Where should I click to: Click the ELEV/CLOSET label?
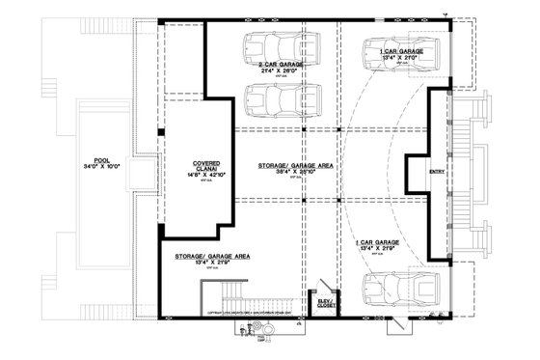321,303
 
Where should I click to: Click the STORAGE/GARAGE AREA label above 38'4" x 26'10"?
295,168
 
